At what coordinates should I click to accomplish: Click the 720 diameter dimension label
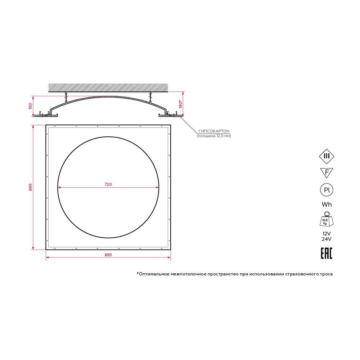[108, 184]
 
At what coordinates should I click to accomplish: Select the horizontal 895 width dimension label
[108, 255]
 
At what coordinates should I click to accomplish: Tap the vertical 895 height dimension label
[30, 187]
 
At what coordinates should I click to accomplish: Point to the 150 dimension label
[30, 106]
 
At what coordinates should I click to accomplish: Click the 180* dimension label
[181, 104]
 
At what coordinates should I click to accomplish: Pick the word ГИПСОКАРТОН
[214, 131]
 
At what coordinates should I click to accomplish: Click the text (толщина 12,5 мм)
[214, 136]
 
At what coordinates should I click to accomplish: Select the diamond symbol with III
[327, 156]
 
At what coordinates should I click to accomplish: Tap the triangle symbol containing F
[327, 173]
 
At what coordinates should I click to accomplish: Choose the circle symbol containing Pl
[327, 190]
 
